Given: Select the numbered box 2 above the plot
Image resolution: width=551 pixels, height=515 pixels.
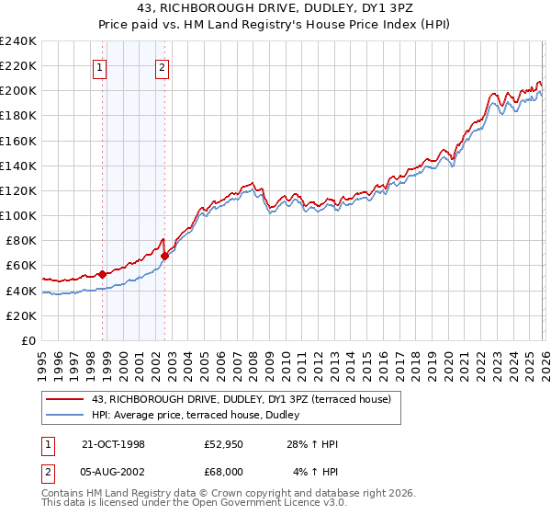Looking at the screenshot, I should click(x=162, y=66).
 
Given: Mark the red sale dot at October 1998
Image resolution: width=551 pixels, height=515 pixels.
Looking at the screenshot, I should click(x=103, y=273).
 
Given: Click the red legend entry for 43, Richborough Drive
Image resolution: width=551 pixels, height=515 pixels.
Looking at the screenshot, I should click(x=242, y=398).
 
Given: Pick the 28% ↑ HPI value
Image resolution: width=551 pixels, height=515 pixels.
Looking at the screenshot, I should click(x=312, y=444).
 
